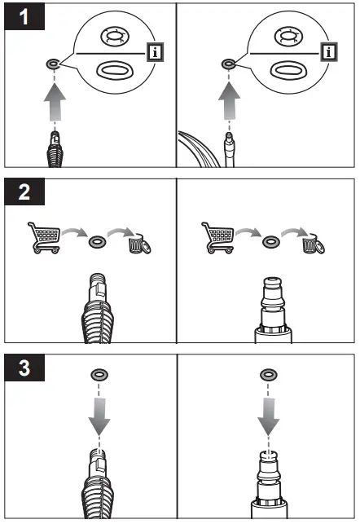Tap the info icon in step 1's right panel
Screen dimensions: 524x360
pos(329,53)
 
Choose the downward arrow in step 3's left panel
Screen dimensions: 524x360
pos(99,425)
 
